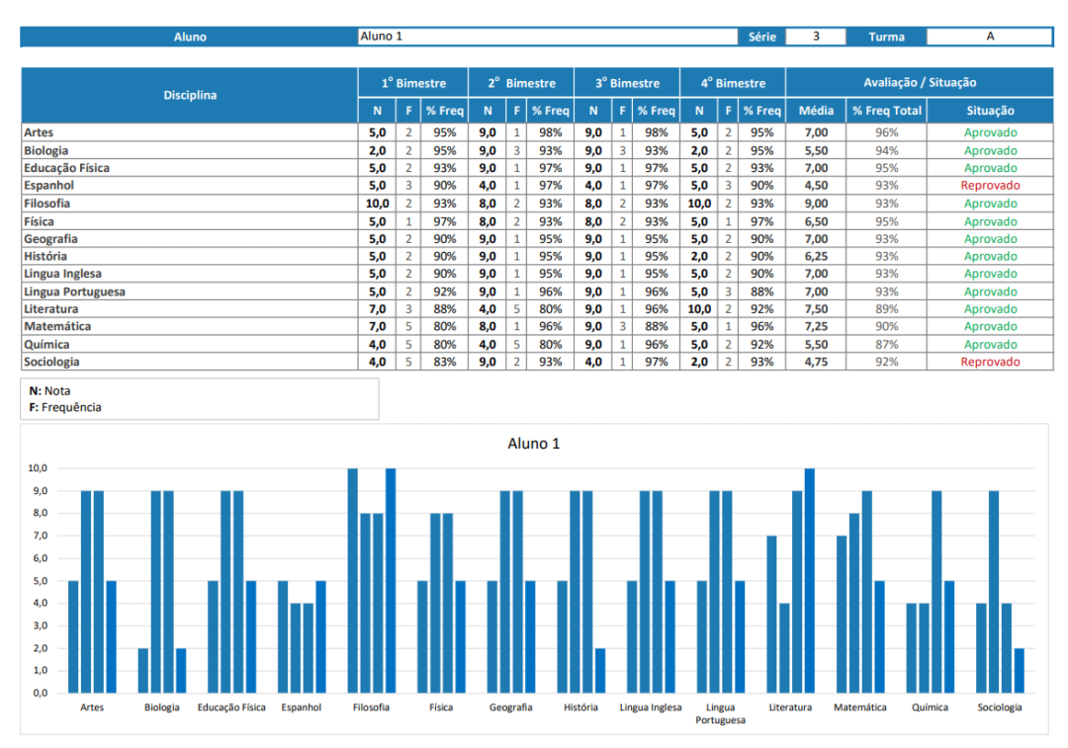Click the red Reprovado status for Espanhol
pyautogui.click(x=990, y=186)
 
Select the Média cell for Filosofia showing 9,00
pyautogui.click(x=816, y=204)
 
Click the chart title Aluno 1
pyautogui.click(x=534, y=444)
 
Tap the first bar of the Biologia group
pyautogui.click(x=143, y=670)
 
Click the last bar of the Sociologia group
pyautogui.click(x=1019, y=670)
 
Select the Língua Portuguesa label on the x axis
pyautogui.click(x=721, y=713)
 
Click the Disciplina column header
pyautogui.click(x=190, y=96)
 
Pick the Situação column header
pyautogui.click(x=990, y=112)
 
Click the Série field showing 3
pyautogui.click(x=816, y=37)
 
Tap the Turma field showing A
pyautogui.click(x=990, y=37)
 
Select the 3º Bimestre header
pyautogui.click(x=627, y=83)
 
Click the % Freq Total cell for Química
pyautogui.click(x=886, y=345)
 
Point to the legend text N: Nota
pyautogui.click(x=49, y=391)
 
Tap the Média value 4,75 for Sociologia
pyautogui.click(x=816, y=363)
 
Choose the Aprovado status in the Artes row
pyautogui.click(x=990, y=132)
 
